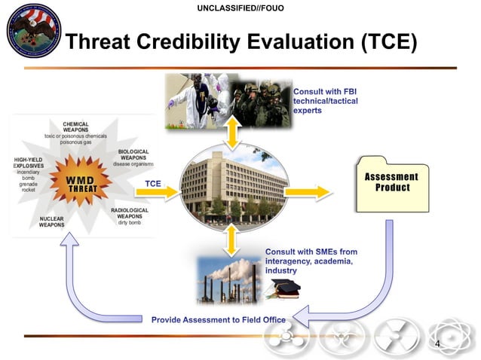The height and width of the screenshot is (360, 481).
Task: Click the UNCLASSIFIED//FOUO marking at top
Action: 240,8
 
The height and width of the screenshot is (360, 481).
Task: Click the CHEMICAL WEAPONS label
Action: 75,127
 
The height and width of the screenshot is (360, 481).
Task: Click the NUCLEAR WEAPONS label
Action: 51,221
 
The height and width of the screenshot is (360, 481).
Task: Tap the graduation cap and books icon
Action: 284,288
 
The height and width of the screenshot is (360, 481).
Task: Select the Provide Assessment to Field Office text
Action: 218,319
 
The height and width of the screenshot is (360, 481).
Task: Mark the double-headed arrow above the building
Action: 234,133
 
